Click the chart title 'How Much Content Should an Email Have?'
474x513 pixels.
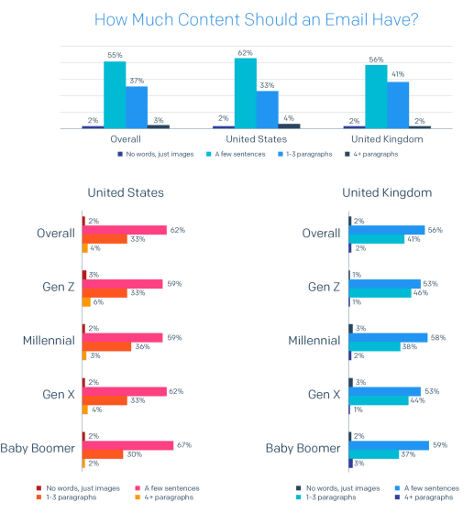[257, 19]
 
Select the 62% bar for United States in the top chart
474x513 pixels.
[246, 93]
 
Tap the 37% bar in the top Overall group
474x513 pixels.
[137, 107]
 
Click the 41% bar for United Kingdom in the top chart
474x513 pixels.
[398, 105]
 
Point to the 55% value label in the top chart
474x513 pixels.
[115, 55]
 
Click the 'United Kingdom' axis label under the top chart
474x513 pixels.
[387, 139]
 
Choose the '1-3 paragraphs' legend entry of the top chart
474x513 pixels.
[305, 154]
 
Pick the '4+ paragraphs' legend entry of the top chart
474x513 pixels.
[371, 154]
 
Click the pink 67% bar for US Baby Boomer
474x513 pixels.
[127, 445]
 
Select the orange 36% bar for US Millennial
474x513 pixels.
[106, 346]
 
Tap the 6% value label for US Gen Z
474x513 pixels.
[98, 302]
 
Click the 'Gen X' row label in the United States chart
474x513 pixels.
[59, 394]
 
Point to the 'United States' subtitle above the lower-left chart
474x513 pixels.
[126, 192]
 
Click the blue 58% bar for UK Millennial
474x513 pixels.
[388, 338]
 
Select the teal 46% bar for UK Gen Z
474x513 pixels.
[380, 293]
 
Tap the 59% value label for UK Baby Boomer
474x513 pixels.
[440, 445]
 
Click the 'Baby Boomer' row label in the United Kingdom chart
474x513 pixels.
[303, 448]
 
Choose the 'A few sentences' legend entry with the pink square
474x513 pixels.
[167, 488]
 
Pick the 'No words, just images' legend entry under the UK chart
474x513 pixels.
[338, 488]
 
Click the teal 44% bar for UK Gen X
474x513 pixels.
[379, 400]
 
